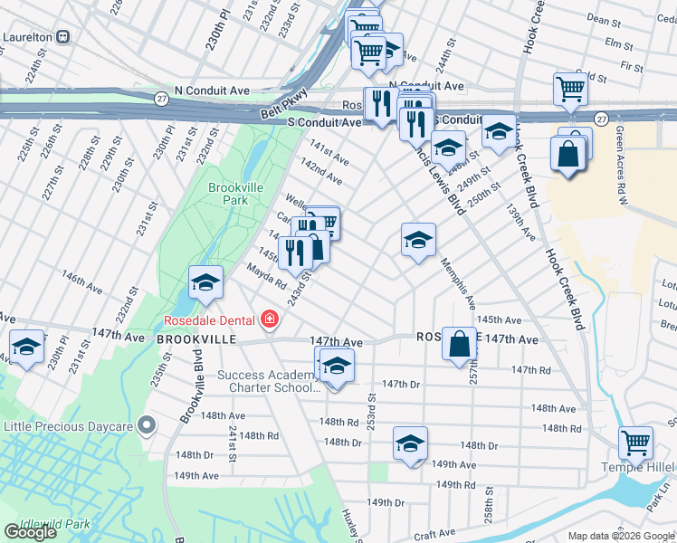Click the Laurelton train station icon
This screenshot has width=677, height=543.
[63, 37]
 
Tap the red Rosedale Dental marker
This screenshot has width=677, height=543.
[269, 319]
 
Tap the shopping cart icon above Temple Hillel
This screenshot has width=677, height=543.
[635, 443]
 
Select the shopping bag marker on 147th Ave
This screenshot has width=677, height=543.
[460, 344]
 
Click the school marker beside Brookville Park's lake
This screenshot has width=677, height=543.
[205, 283]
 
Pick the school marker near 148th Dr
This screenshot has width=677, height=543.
[410, 444]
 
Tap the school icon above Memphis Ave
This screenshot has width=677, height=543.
[418, 240]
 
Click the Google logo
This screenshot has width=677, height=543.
[31, 532]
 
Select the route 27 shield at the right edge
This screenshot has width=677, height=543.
[601, 119]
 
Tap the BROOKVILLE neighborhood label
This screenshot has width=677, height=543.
[196, 338]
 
